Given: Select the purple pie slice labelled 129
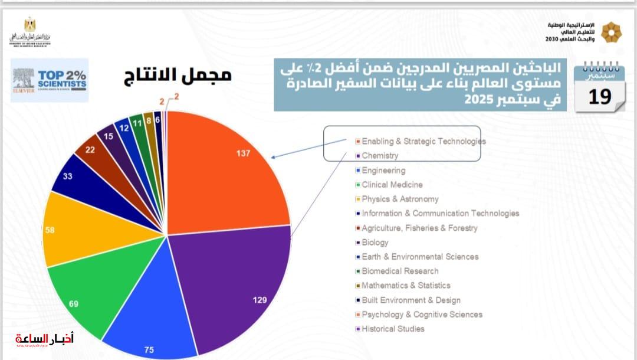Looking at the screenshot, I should [x=236, y=283].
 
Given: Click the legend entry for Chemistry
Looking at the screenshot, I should [x=380, y=156].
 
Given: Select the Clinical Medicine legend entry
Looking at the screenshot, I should [x=392, y=185].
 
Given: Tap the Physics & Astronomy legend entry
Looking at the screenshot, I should [x=400, y=199].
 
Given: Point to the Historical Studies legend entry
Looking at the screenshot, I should [x=393, y=329].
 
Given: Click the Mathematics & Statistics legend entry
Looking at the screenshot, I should [x=406, y=286].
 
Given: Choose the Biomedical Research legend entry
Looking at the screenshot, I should [x=400, y=271].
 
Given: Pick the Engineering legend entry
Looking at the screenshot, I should [x=383, y=171].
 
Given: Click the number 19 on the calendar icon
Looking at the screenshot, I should [x=599, y=96].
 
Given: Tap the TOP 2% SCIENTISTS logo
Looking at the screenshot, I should [x=50, y=80].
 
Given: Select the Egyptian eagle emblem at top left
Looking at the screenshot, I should [x=29, y=25].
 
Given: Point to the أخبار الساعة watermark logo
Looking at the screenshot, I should [x=45, y=340].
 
